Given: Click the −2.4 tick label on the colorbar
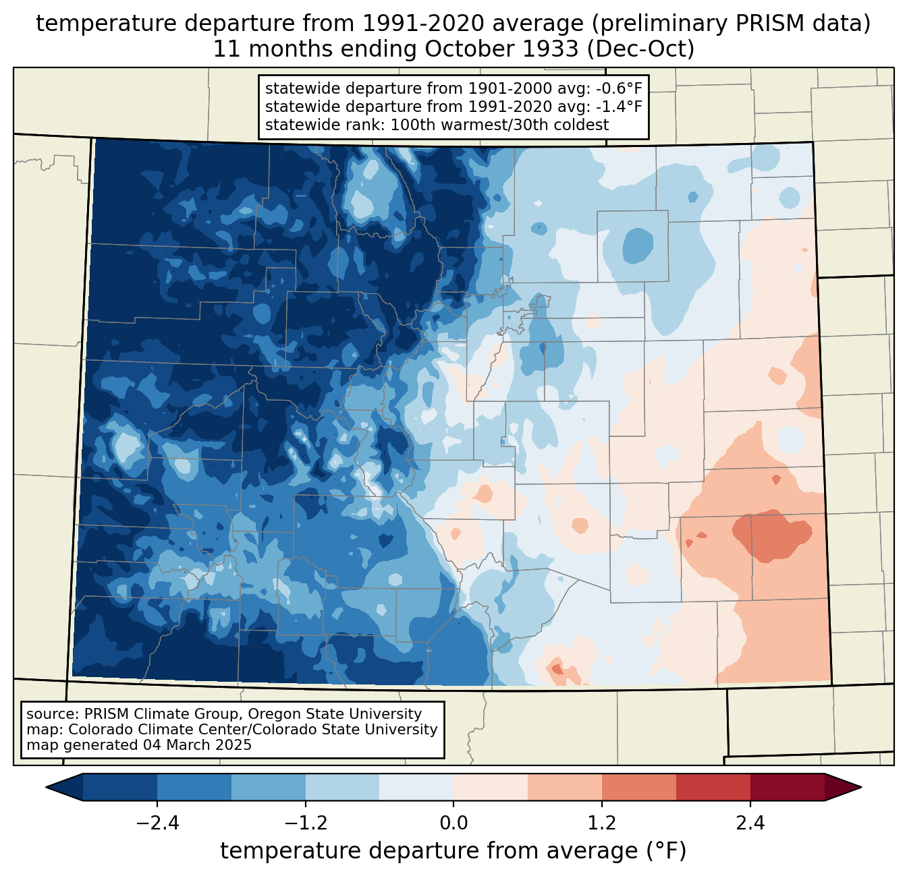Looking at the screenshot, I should [x=157, y=823].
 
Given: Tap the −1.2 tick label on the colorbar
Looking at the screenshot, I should [x=305, y=823].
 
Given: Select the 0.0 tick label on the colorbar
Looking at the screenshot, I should [x=453, y=823].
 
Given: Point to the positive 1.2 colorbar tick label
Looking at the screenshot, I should [x=602, y=823].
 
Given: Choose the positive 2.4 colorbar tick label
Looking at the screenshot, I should [x=750, y=823].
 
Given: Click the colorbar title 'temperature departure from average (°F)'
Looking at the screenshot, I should [x=453, y=851].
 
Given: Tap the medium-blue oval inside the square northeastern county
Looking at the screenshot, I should [x=637, y=245].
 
